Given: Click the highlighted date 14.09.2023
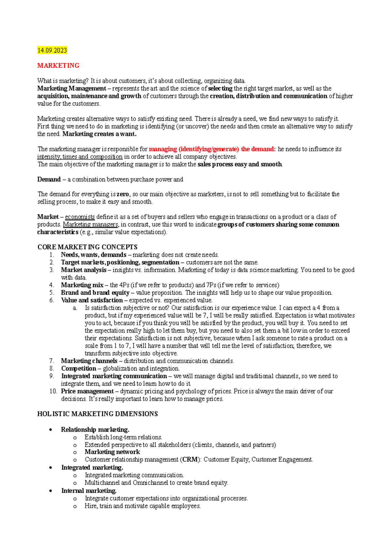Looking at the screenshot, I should [x=52, y=50].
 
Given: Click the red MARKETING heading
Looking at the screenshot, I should [x=58, y=66].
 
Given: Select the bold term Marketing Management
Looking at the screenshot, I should [x=71, y=88].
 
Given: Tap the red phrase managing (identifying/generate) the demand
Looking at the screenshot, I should [x=212, y=149].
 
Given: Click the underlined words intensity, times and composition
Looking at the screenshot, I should [x=80, y=157].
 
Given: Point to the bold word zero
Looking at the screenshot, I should [x=123, y=194].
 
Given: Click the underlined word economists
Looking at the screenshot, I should [x=80, y=217].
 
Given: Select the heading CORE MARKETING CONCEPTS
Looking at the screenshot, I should [x=87, y=247].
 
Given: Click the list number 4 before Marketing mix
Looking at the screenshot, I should [x=52, y=285].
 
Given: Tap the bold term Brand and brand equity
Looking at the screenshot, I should [x=95, y=293].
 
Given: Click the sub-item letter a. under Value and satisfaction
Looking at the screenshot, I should [x=75, y=308].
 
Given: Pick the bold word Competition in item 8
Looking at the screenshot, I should [x=78, y=369].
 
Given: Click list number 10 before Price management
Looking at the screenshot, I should [x=53, y=391].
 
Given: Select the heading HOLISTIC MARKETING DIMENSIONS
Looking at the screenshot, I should [x=97, y=414].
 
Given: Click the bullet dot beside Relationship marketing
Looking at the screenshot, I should [x=50, y=430].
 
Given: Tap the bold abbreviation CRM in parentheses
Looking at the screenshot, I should [x=190, y=460].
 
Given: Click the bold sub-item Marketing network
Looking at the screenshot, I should [x=112, y=452].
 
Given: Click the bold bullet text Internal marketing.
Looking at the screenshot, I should [x=89, y=491].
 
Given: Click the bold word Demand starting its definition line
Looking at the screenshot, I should [x=49, y=179].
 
